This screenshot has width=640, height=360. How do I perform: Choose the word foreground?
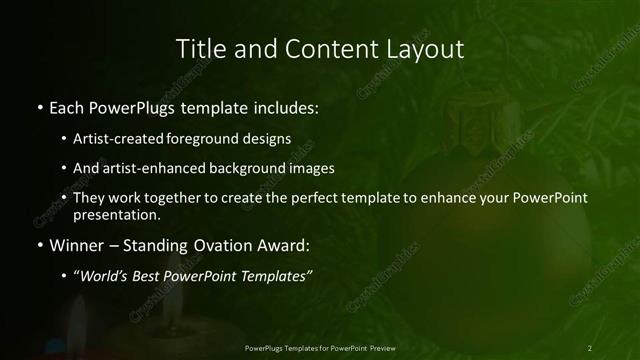(203, 139)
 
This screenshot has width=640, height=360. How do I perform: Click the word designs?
(265, 139)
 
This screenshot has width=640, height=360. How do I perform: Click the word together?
(168, 197)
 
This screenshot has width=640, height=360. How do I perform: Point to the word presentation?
(117, 214)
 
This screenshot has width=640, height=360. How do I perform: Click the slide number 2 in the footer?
(590, 348)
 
